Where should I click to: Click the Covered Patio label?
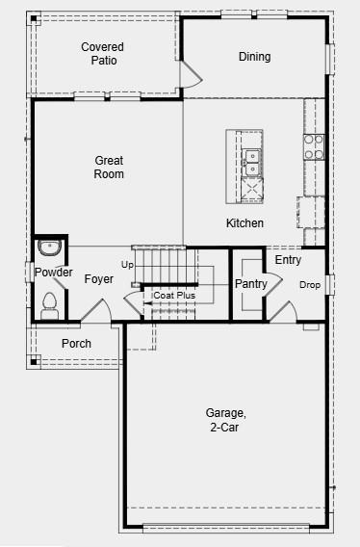coord(102,53)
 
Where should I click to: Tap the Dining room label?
coord(254,57)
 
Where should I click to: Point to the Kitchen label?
coord(244,223)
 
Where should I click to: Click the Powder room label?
coord(53,273)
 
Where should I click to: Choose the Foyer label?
coord(99,279)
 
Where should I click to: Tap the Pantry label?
coord(250,283)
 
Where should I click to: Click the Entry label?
coord(288,260)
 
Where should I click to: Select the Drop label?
coord(309,285)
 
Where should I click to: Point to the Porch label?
coord(76,344)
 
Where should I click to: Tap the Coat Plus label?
coord(174,296)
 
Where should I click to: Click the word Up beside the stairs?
coord(127,264)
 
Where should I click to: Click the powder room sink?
coord(50,248)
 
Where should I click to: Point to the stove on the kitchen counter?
coord(314,145)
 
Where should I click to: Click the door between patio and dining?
coord(191,72)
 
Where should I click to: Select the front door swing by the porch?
coord(93,311)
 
